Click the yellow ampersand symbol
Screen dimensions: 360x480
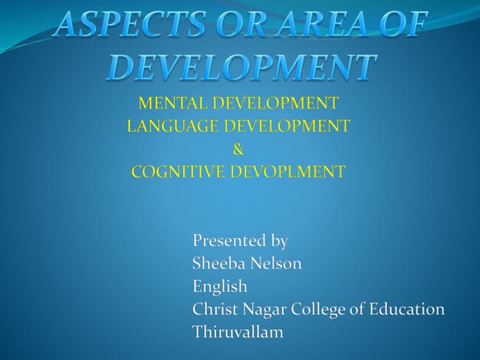[238, 148]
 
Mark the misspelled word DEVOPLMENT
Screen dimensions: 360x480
[286, 172]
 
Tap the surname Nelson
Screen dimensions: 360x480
[277, 263]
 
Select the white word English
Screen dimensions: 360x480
[220, 286]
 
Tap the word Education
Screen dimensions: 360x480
[408, 309]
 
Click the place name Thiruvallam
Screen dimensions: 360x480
[238, 331]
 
